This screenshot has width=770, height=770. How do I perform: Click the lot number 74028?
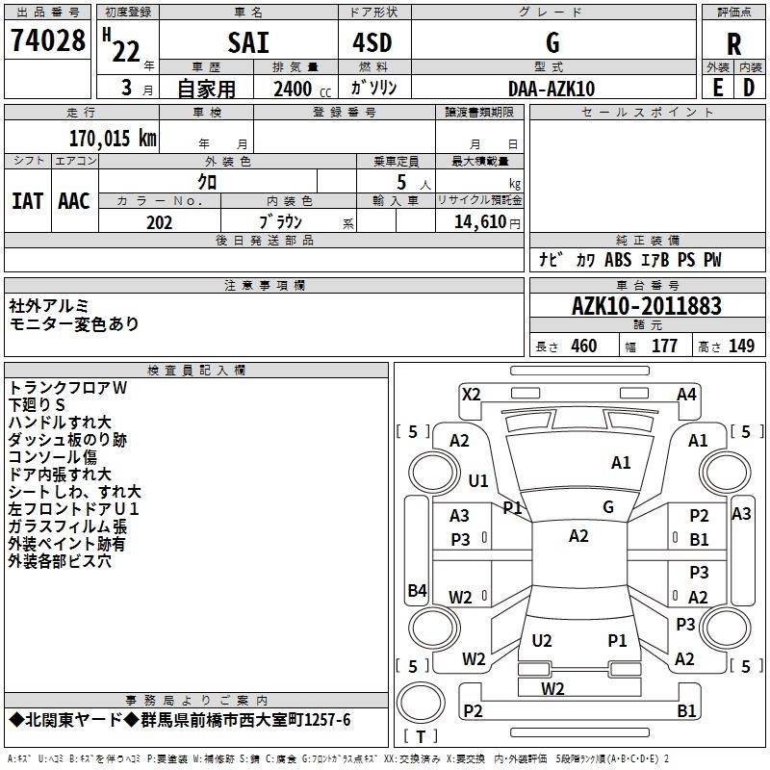pos(48,43)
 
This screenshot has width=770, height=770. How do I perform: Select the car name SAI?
pos(247,43)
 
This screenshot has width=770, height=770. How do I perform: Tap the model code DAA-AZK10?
pos(552,88)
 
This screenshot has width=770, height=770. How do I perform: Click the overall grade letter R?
pos(733,43)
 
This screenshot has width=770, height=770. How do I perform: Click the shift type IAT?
pos(27,201)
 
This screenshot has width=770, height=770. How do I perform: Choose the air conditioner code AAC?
pos(74,201)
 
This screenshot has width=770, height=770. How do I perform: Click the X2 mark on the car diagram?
pos(471,394)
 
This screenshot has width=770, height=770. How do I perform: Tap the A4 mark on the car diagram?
pos(686,394)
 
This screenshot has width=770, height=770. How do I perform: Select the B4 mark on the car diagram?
pos(417,591)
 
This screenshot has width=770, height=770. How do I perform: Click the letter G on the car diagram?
pos(608,507)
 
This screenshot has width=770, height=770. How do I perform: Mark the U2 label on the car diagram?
pos(542,640)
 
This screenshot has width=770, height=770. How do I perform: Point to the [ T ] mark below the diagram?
pos(420,737)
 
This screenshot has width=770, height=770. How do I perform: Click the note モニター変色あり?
pos(73,324)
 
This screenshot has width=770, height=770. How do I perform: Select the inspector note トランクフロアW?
pos(67,387)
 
